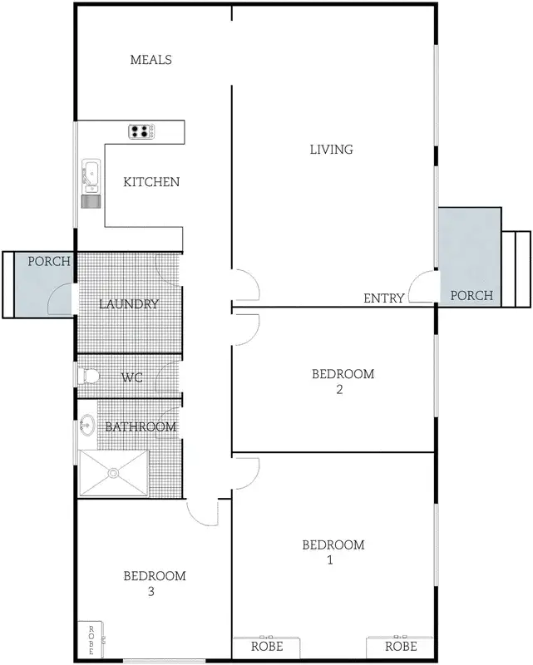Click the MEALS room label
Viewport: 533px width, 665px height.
coord(151,60)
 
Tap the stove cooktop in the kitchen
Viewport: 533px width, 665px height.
coord(141,131)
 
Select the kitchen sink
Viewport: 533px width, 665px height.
coord(90,175)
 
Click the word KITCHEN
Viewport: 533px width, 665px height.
coord(151,182)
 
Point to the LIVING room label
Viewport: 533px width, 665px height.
coord(331,150)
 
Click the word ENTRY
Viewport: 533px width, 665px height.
coord(384,298)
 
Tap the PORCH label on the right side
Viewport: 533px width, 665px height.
coord(471,295)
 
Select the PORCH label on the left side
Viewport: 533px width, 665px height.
coord(49,261)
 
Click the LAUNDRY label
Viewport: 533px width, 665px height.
coord(129,304)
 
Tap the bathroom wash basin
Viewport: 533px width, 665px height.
coord(86,427)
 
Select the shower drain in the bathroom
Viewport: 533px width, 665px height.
coord(113,473)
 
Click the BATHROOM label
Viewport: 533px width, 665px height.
coord(140,427)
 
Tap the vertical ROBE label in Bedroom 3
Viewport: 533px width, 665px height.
coord(91,640)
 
